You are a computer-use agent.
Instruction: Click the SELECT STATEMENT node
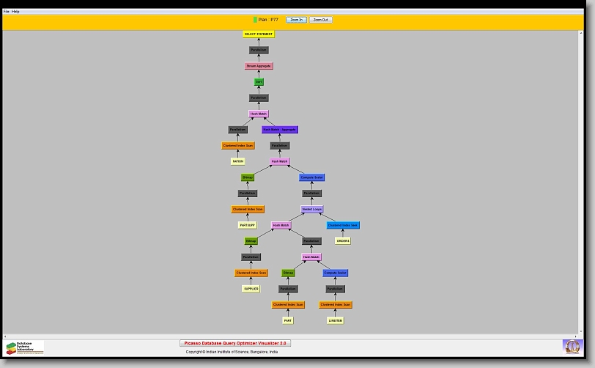pyautogui.click(x=259, y=34)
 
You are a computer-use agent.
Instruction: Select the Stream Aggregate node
pyautogui.click(x=259, y=66)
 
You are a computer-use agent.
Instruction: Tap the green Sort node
pyautogui.click(x=259, y=82)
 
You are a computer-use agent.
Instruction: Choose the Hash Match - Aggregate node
pyautogui.click(x=280, y=130)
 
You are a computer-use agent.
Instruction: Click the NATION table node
pyautogui.click(x=238, y=161)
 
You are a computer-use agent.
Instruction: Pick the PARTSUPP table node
pyautogui.click(x=248, y=225)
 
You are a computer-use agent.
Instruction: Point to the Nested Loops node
pyautogui.click(x=312, y=209)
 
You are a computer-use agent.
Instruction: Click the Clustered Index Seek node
pyautogui.click(x=343, y=225)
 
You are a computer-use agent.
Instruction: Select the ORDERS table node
pyautogui.click(x=343, y=240)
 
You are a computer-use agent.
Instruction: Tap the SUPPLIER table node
pyautogui.click(x=251, y=289)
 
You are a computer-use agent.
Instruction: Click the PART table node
pyautogui.click(x=288, y=320)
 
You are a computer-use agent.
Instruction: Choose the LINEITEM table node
pyautogui.click(x=336, y=320)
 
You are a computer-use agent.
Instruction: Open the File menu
pyautogui.click(x=7, y=12)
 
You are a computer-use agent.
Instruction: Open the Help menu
pyautogui.click(x=16, y=12)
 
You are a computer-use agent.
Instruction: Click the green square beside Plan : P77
pyautogui.click(x=255, y=20)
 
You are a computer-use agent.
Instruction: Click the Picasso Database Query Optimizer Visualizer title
pyautogui.click(x=235, y=343)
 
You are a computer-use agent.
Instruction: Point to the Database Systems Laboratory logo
pyautogui.click(x=25, y=347)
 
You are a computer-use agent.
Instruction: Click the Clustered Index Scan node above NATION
pyautogui.click(x=238, y=145)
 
